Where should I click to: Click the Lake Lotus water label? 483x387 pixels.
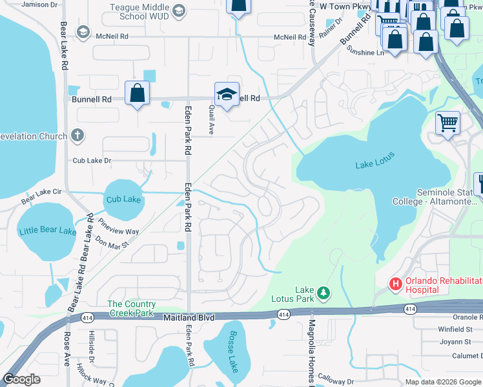375,166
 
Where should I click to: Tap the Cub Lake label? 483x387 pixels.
123,199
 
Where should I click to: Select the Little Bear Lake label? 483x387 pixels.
47,230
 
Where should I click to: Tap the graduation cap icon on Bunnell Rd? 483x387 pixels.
227,94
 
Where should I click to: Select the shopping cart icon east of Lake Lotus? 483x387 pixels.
447,122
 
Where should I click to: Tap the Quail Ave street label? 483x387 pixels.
211,121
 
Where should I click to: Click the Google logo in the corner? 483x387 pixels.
22,379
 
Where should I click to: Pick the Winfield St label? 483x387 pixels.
455,329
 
